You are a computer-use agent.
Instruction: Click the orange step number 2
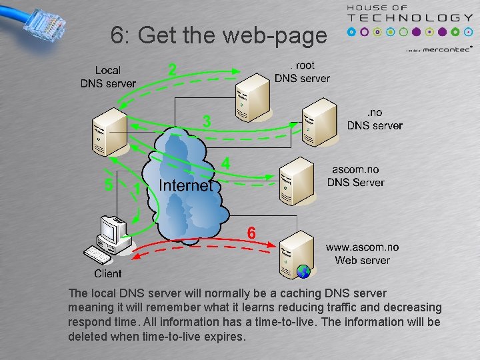click(173, 69)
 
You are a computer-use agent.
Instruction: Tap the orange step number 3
click(207, 122)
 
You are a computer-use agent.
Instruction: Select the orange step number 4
click(226, 163)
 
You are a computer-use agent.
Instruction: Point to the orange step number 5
click(109, 185)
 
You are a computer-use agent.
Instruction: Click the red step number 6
click(251, 233)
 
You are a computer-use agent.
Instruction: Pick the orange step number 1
click(137, 189)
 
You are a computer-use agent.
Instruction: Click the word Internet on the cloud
click(185, 185)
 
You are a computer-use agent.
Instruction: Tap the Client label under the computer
click(108, 273)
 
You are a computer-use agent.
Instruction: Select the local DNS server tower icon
click(109, 131)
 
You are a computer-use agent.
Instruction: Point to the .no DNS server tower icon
click(318, 122)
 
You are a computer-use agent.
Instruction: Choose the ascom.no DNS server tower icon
click(295, 180)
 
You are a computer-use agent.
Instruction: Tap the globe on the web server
click(303, 271)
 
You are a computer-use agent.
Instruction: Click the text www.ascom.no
click(362, 247)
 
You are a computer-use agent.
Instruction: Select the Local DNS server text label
click(108, 77)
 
